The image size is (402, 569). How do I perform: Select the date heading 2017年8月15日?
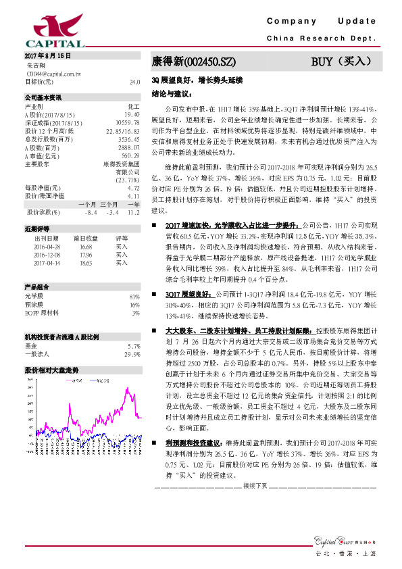(47, 55)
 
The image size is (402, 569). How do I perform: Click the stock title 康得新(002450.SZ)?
(194, 61)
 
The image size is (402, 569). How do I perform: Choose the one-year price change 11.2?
(133, 212)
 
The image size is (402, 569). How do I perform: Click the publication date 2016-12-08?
(47, 255)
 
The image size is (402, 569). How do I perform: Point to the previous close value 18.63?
(85, 262)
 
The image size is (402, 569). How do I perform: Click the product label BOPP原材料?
(45, 312)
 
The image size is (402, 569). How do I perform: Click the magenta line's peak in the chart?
(126, 388)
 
